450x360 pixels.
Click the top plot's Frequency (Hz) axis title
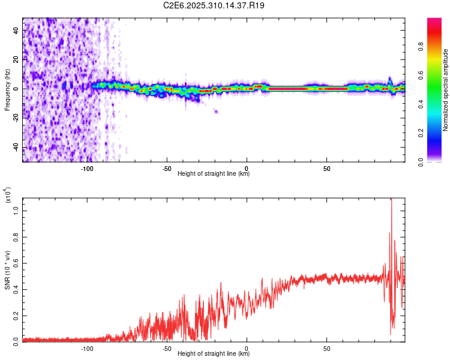point(8,90)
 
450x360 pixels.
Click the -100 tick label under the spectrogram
point(87,167)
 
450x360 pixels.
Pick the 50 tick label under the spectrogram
point(326,167)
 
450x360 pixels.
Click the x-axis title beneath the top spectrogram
point(214,173)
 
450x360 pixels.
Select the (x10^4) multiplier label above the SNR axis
point(8,195)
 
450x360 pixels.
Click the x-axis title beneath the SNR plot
point(214,353)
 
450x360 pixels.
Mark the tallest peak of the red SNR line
point(391,200)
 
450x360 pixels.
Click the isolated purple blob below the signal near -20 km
point(216,112)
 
